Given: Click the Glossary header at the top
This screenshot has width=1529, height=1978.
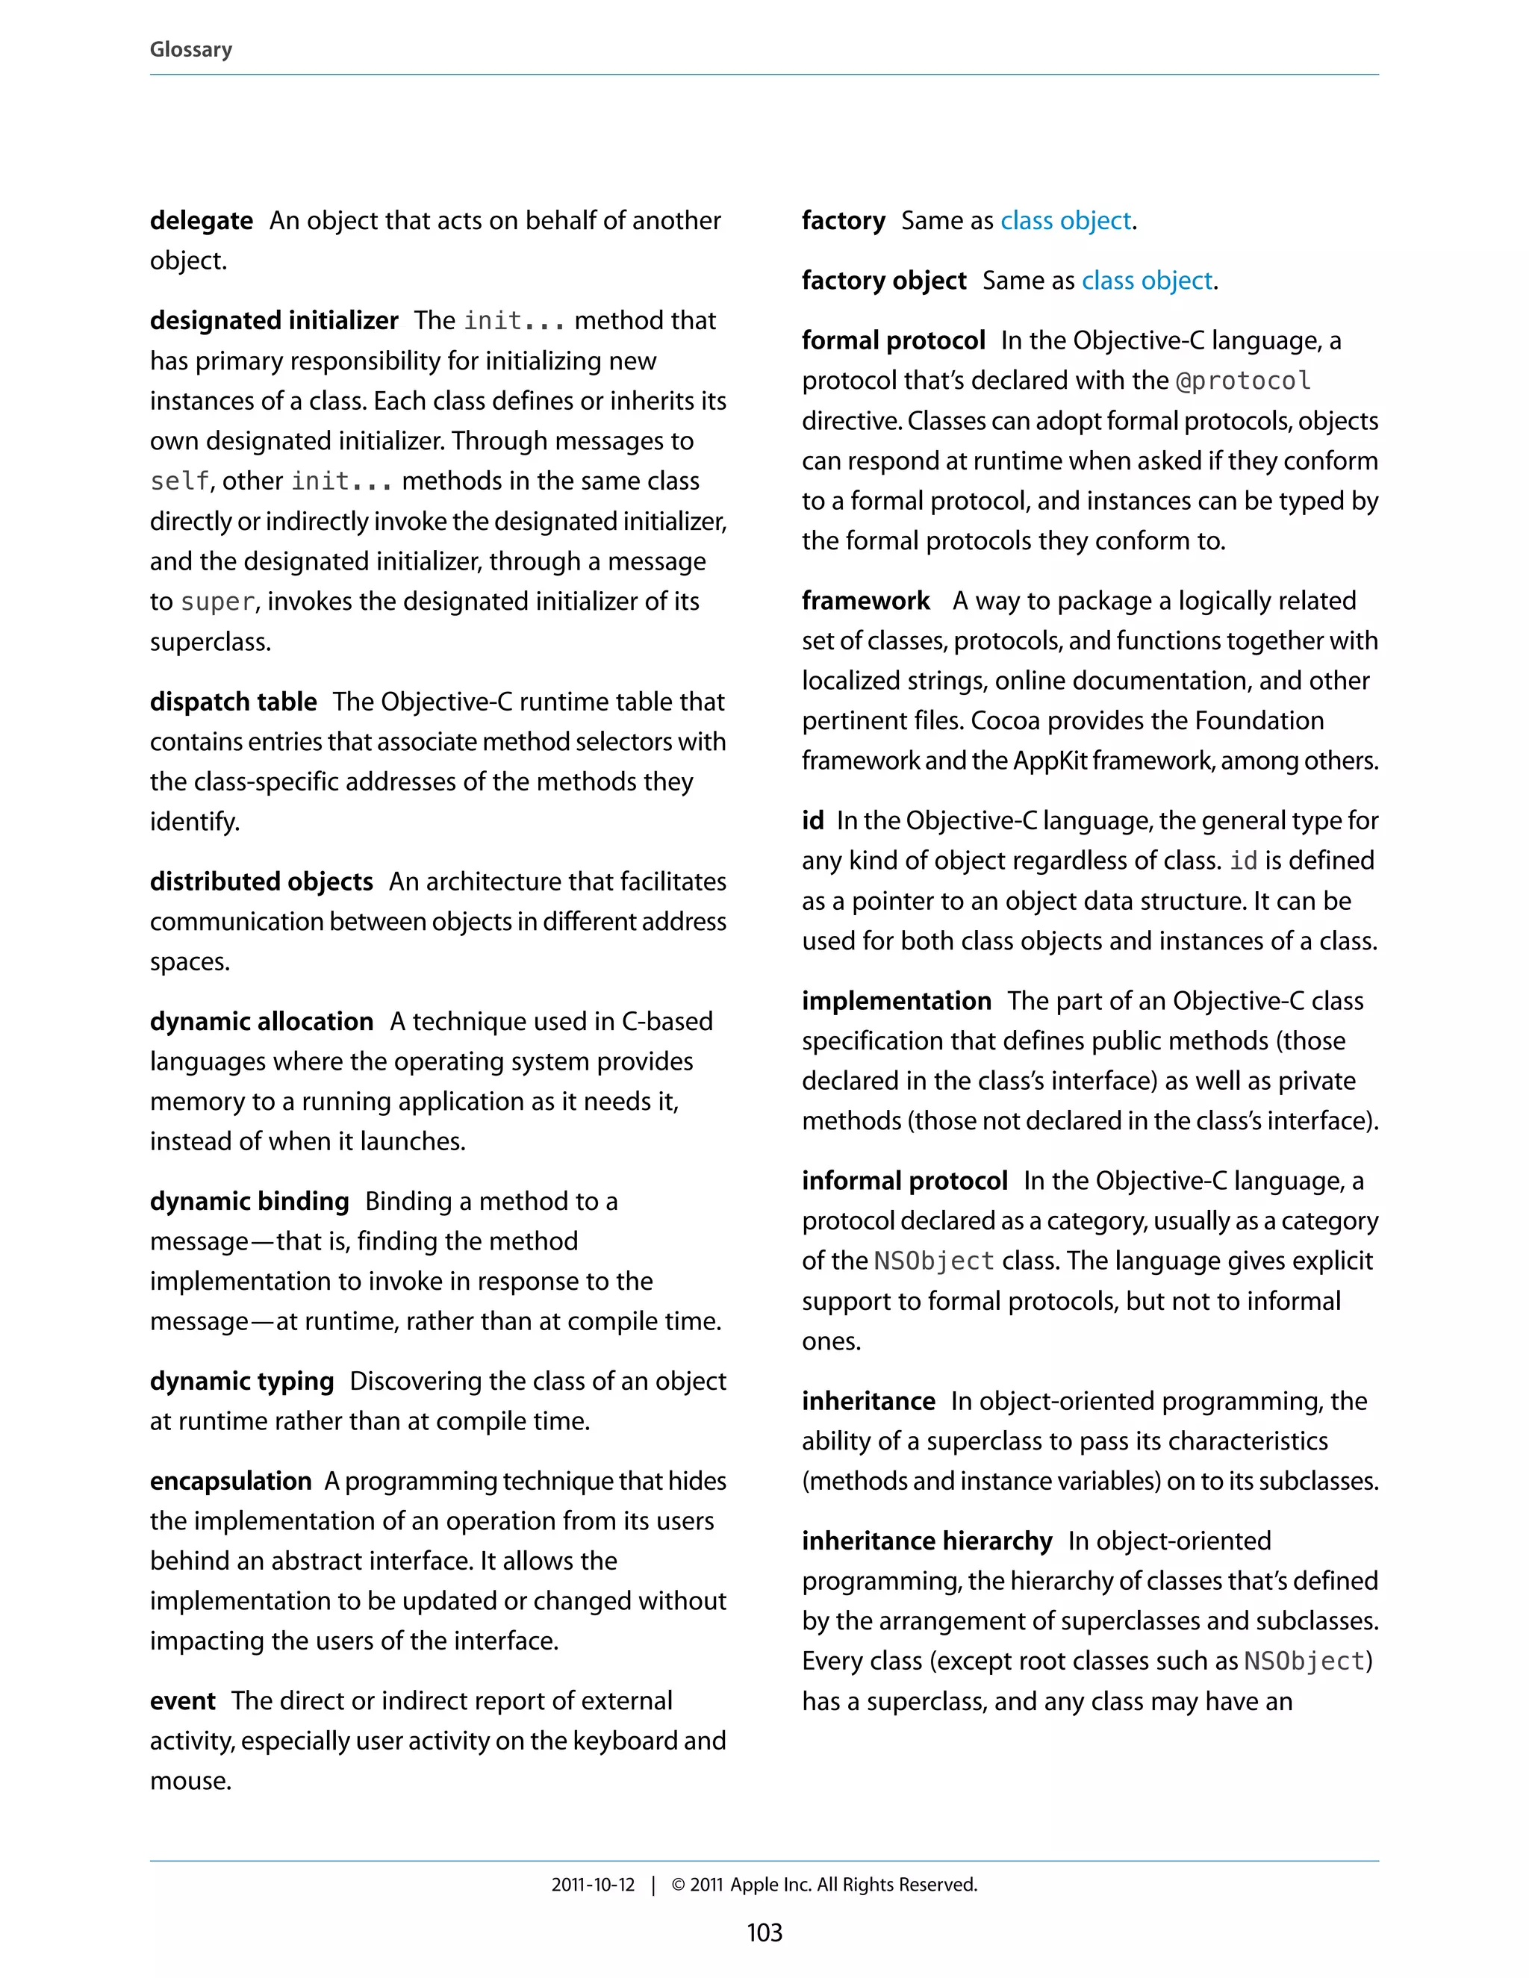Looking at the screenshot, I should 190,49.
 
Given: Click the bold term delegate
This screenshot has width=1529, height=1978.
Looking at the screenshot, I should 201,220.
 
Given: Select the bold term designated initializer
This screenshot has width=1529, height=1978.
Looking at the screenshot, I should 273,321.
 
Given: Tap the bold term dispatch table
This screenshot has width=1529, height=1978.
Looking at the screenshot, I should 233,702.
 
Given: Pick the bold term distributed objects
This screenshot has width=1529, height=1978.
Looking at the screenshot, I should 261,882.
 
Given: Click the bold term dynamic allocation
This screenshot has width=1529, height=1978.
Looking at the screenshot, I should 261,1022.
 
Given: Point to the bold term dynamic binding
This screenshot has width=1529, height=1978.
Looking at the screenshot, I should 249,1201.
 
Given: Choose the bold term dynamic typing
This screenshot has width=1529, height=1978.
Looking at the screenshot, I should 242,1381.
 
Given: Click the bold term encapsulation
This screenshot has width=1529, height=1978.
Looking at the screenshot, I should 230,1481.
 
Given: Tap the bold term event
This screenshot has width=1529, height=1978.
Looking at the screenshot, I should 183,1701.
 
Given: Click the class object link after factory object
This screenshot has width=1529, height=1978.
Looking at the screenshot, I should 1147,281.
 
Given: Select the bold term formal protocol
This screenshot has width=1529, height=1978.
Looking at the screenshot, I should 893,340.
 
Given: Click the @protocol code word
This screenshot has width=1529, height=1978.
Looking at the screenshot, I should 1243,381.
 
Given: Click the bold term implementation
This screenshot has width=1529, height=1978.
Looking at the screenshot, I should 896,1001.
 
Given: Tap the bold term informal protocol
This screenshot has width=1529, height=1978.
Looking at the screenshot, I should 904,1181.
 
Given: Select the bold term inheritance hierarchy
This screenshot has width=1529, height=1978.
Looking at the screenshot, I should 927,1541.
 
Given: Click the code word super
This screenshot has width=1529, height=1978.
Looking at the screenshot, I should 217,602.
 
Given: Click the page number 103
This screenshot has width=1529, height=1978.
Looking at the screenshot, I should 764,1932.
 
